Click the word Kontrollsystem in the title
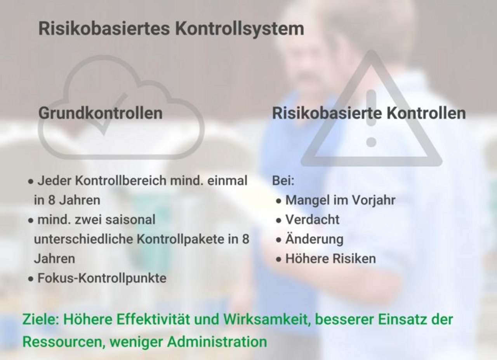click(240, 29)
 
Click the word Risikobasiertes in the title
click(104, 28)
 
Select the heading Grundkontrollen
click(101, 113)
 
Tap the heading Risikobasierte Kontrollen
click(369, 113)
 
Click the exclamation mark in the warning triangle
click(371, 118)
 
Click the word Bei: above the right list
click(283, 181)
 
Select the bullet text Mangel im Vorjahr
click(341, 200)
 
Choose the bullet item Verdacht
click(313, 219)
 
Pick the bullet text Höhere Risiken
click(330, 258)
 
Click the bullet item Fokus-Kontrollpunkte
click(102, 278)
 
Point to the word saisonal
click(130, 219)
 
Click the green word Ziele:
click(41, 319)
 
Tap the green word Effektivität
click(153, 319)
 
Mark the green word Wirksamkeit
click(267, 320)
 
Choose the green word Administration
click(217, 342)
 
